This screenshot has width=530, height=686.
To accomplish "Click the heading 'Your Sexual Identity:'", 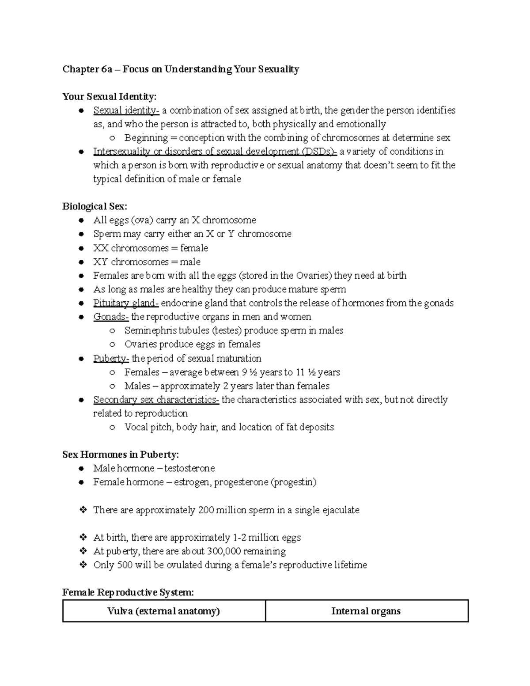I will click(x=109, y=96).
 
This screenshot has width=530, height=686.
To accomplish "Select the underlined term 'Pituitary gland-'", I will click(x=126, y=303).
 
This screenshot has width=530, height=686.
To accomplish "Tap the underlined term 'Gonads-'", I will click(x=111, y=317).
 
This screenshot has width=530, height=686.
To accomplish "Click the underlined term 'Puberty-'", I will click(x=111, y=358).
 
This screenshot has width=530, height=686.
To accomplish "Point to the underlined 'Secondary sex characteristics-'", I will click(x=156, y=400).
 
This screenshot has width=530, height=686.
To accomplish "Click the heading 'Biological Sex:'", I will click(x=95, y=206).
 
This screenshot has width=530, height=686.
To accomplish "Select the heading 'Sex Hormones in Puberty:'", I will click(x=121, y=455).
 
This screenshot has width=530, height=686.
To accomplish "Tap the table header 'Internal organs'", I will click(x=366, y=611).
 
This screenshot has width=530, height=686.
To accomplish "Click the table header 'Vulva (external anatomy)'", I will click(x=163, y=611).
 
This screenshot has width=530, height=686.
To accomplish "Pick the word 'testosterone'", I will click(x=189, y=468).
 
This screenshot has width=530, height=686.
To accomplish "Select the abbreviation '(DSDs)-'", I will click(x=320, y=152).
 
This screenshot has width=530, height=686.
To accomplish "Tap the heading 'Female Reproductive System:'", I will click(x=128, y=592).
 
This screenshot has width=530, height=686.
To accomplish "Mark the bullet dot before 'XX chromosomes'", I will click(x=81, y=248).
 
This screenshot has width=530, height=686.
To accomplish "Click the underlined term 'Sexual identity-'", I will click(x=126, y=110).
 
